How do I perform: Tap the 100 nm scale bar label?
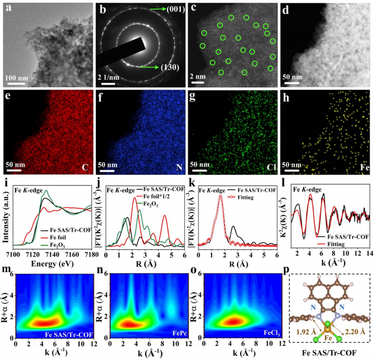click(x=16, y=77)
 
